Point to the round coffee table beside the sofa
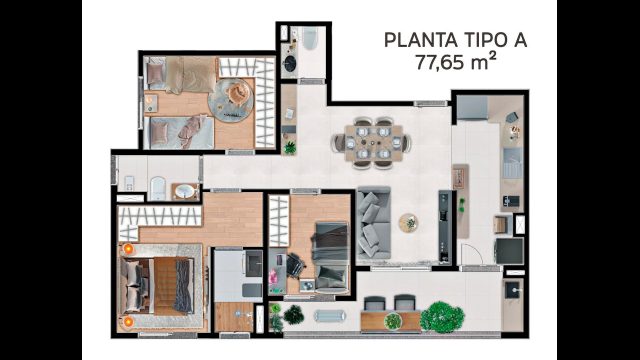[x=408, y=221]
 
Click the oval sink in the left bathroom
[x=184, y=190]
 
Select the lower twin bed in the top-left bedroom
[x=177, y=129]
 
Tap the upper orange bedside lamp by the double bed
[x=127, y=249]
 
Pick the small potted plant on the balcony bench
[x=393, y=321]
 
